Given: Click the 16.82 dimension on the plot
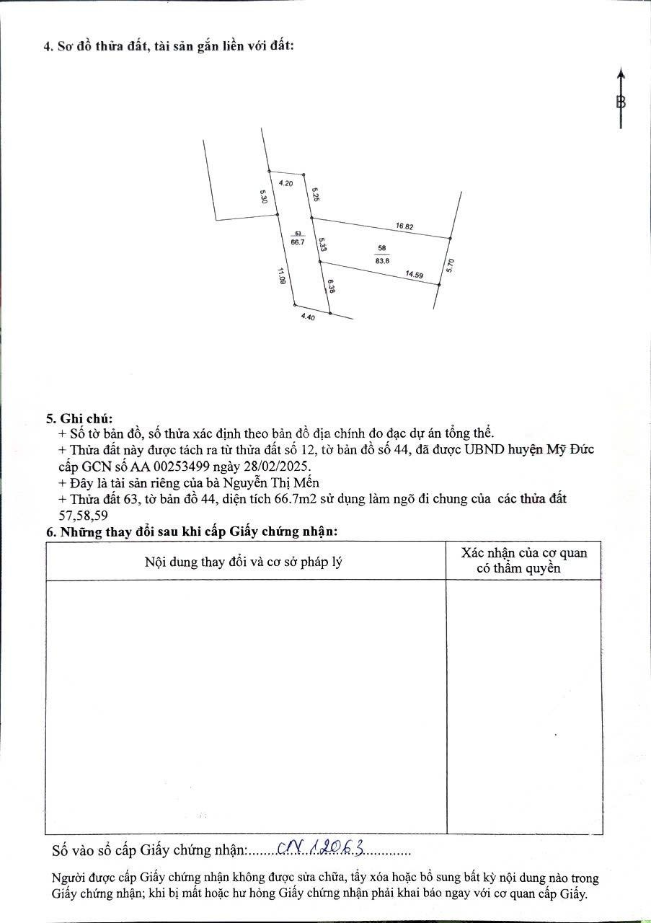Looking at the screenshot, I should point(404,226).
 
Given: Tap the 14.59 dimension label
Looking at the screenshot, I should point(414,274).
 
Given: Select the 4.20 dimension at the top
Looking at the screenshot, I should point(285,184).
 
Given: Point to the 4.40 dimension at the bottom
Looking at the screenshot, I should point(308,317).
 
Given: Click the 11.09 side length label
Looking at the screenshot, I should point(279,276).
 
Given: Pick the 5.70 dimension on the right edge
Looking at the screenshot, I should point(451,265).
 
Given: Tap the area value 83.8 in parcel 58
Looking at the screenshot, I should point(382,261).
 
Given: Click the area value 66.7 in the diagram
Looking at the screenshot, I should point(298,243).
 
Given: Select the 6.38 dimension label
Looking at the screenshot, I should point(330,287).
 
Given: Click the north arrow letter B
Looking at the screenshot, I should point(621,102).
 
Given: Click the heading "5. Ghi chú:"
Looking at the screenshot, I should point(79,418).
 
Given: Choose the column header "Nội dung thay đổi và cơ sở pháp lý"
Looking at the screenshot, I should point(243,561).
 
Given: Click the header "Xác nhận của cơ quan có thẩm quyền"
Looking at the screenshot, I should point(524,560).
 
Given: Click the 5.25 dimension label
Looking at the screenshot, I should point(315,195).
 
